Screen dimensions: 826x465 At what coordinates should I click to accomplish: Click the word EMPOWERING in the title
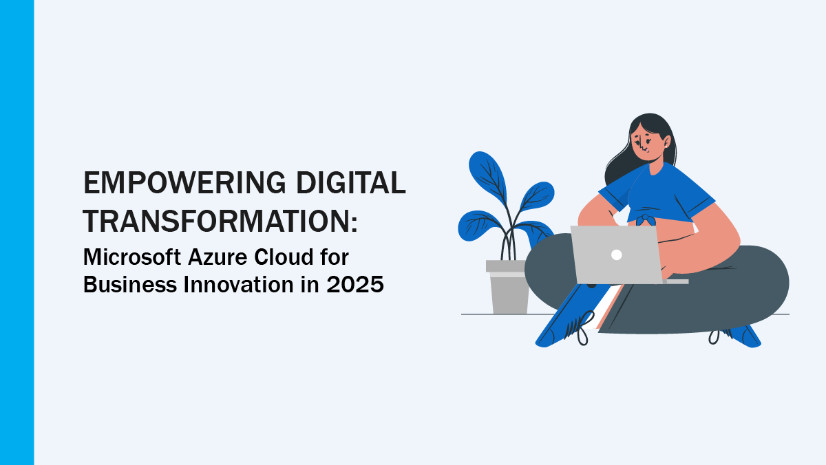(184, 182)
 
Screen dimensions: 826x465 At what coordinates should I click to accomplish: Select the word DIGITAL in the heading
(351, 182)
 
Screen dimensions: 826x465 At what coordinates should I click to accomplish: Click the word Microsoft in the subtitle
(132, 257)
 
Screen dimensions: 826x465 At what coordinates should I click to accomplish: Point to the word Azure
(218, 257)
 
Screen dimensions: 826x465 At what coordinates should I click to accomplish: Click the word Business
(130, 285)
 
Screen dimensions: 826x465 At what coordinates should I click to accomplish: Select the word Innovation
(239, 285)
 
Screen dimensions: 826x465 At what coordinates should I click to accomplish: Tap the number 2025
(355, 285)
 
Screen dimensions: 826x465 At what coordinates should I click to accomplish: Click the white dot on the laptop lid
(617, 255)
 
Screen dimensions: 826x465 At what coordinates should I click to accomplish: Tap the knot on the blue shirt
(646, 220)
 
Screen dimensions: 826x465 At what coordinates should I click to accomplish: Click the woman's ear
(667, 142)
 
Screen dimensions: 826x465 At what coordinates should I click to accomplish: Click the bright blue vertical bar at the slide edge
(17, 232)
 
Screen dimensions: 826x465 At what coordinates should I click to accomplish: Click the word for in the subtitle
(335, 257)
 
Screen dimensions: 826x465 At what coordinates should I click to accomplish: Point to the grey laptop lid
(617, 255)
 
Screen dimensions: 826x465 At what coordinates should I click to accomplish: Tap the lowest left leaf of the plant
(478, 226)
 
